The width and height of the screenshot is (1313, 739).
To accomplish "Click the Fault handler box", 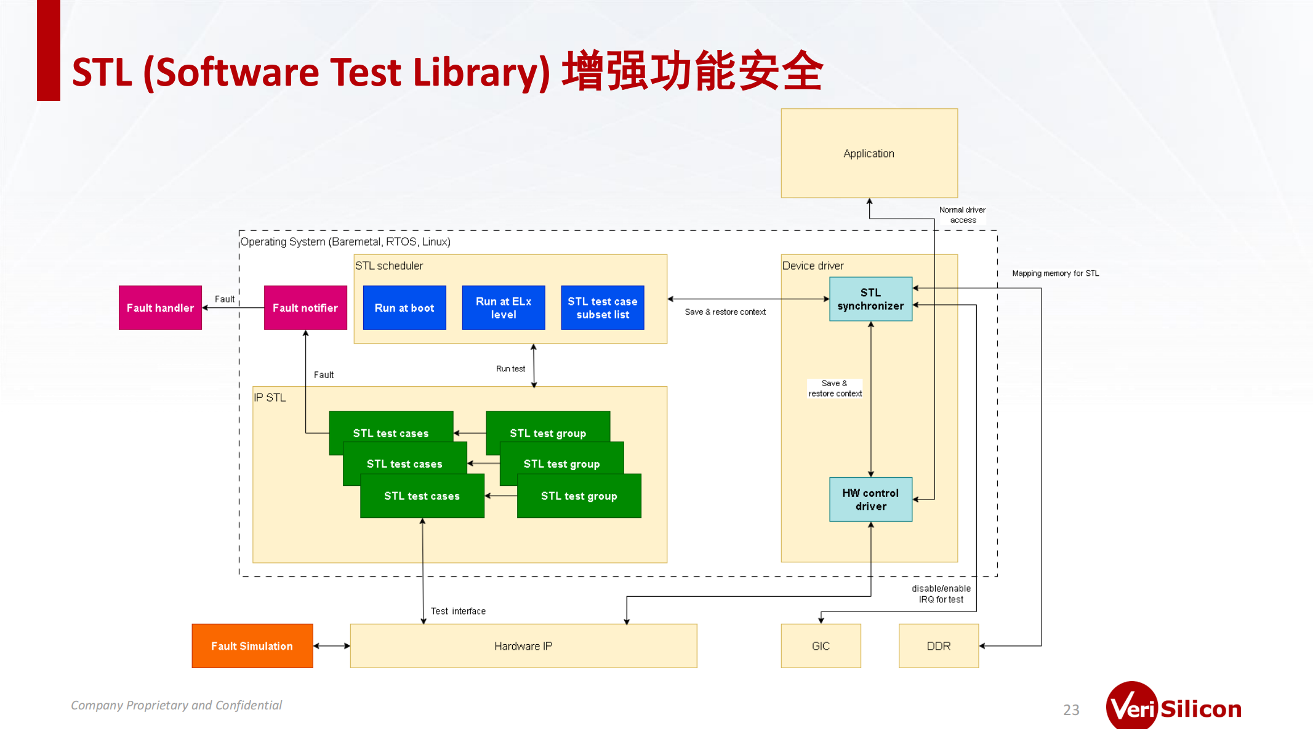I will [x=160, y=308].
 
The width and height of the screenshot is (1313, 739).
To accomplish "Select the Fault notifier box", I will [x=305, y=308].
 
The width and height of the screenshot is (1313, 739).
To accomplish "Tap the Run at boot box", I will [x=404, y=308].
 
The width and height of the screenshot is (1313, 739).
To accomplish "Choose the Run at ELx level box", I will [x=504, y=308].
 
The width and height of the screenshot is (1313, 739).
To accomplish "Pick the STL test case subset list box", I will [x=603, y=308].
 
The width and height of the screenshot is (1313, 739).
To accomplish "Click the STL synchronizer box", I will [x=870, y=299].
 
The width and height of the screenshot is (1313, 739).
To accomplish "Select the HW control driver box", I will [x=870, y=499].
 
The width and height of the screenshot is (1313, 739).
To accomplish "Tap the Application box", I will [x=869, y=153].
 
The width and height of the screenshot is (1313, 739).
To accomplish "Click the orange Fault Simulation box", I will [x=252, y=646].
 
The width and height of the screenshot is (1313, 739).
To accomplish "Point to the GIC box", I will [x=821, y=646].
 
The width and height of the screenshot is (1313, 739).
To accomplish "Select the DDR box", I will [x=938, y=646].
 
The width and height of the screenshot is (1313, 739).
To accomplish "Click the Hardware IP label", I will [x=523, y=646].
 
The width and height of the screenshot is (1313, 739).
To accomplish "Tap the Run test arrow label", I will [x=510, y=369].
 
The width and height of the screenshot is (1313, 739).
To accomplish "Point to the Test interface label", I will [x=458, y=611].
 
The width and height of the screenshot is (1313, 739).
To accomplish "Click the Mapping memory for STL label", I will [x=1055, y=273].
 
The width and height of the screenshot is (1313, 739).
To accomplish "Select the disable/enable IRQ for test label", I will [x=941, y=594].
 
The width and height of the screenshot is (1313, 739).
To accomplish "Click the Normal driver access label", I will [x=962, y=215].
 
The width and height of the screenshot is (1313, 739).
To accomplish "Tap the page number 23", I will [x=1071, y=710].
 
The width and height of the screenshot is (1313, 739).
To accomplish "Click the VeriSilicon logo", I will [x=1173, y=708].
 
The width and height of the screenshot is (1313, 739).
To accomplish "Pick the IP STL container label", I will [x=270, y=398].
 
